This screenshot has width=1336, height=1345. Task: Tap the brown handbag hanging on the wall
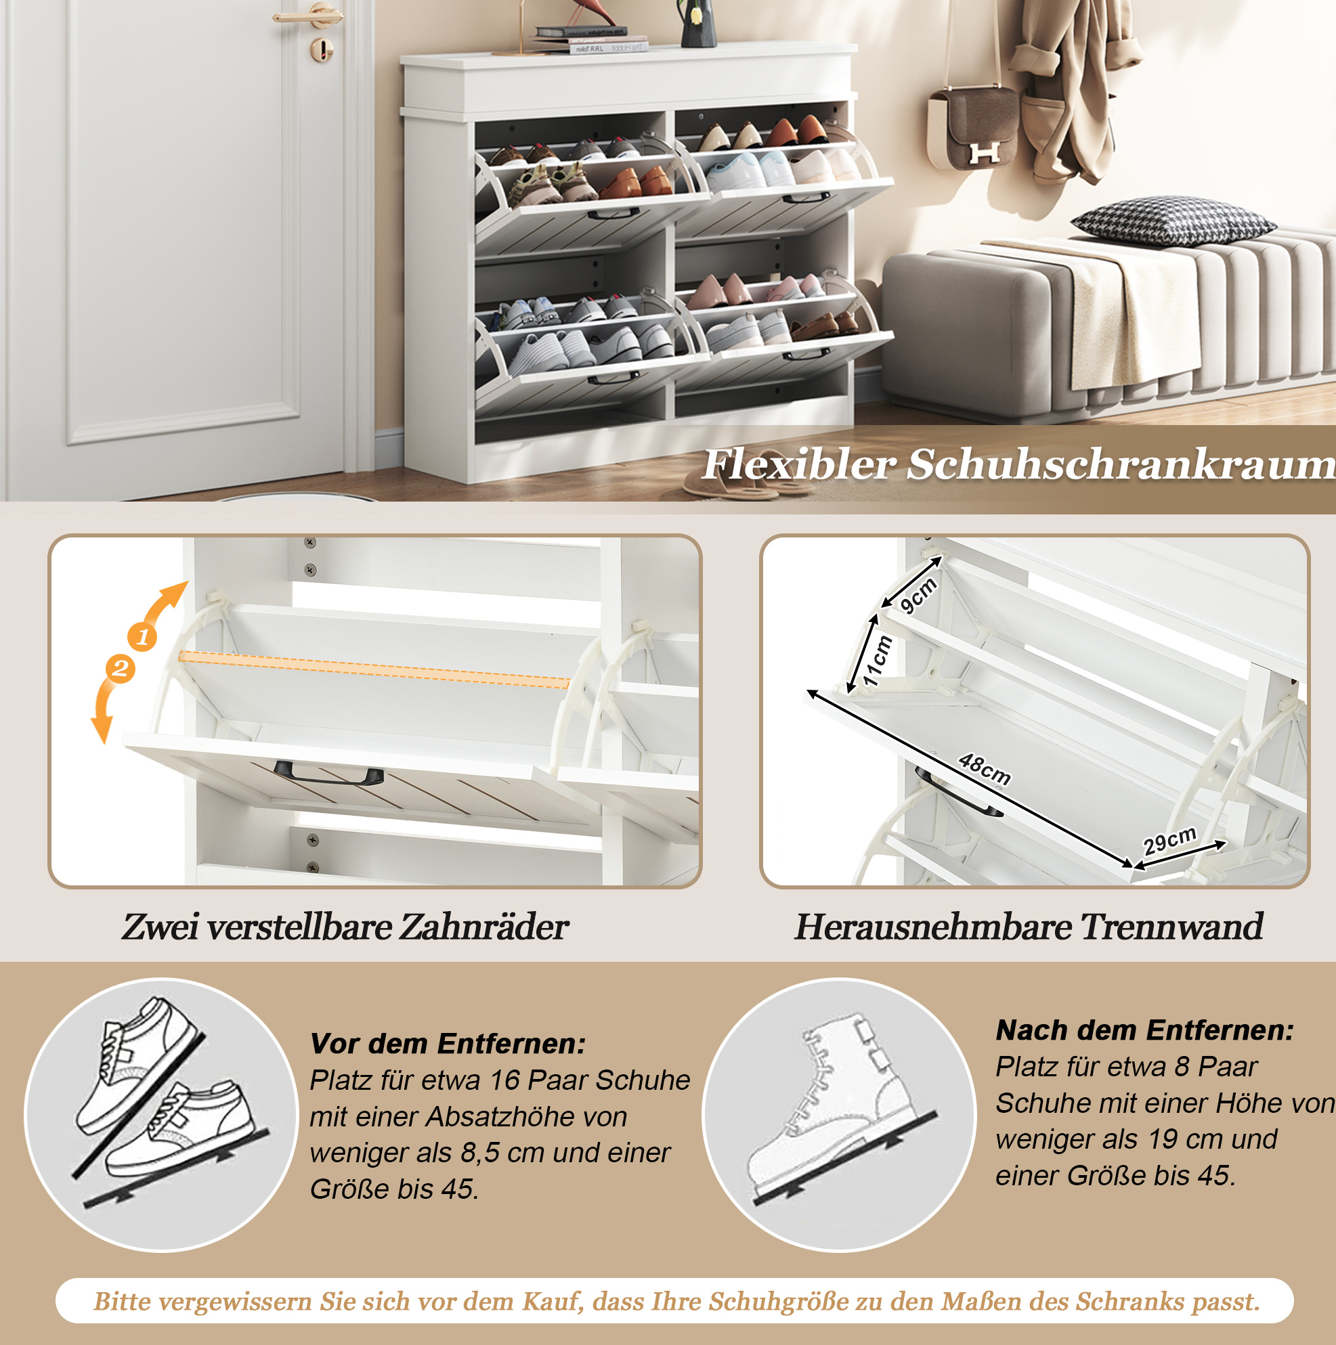(973, 128)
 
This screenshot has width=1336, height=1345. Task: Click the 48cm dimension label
(985, 768)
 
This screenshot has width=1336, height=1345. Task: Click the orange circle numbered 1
(142, 636)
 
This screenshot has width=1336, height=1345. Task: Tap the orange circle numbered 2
(120, 669)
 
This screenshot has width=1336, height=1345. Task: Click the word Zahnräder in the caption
(483, 927)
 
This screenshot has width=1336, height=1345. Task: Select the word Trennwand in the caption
(1171, 927)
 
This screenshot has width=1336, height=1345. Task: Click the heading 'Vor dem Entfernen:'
(448, 1044)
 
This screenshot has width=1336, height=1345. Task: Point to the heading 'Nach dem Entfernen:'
(1144, 1030)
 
